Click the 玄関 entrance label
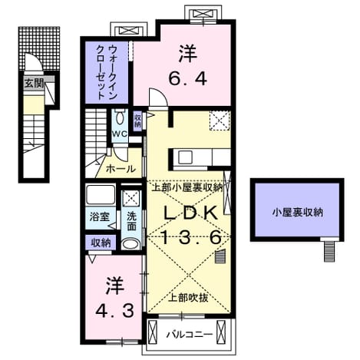(x=35, y=84)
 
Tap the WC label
(x=120, y=134)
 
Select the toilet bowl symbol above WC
(x=120, y=117)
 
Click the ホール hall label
(x=121, y=169)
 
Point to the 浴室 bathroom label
(x=100, y=217)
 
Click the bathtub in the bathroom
(x=101, y=195)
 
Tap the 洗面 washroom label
(x=132, y=222)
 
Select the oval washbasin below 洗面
(x=130, y=244)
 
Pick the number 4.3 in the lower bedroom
(x=114, y=310)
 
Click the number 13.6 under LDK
(x=191, y=237)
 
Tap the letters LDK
(x=191, y=213)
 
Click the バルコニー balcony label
(x=190, y=334)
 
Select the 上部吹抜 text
(x=188, y=297)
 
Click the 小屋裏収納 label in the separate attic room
(x=298, y=213)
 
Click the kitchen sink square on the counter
(x=185, y=157)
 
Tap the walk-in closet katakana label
(x=106, y=72)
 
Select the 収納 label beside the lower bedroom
(x=101, y=243)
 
